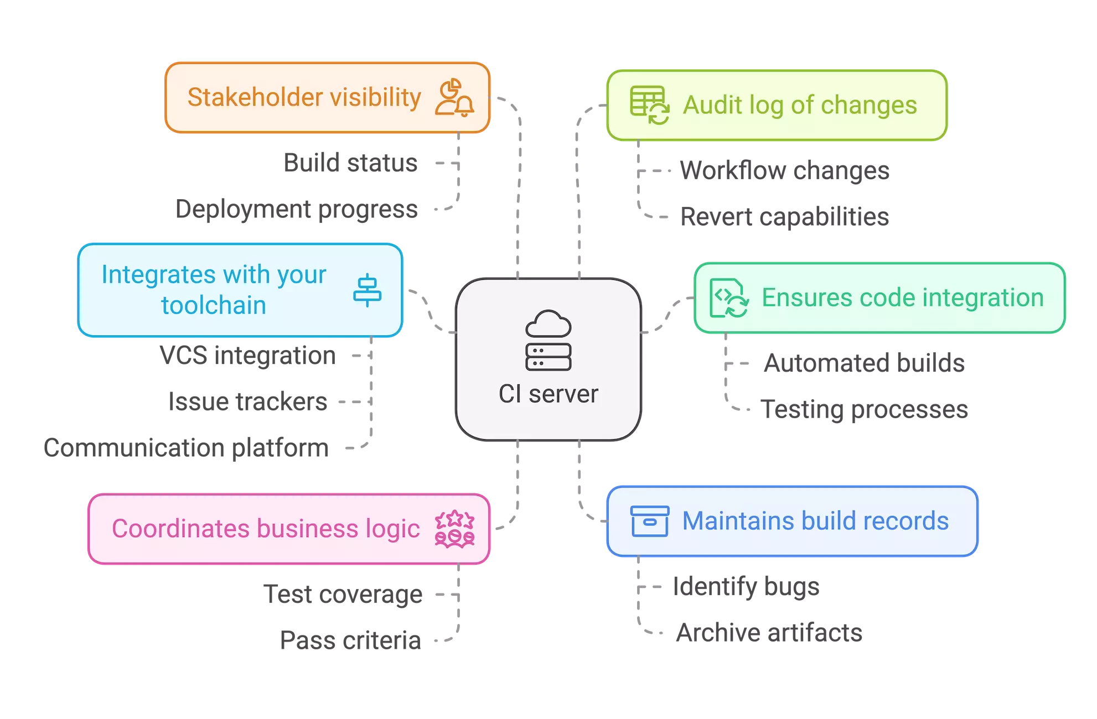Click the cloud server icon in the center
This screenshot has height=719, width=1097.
coord(548,340)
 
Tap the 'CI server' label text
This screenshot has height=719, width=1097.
coord(548,394)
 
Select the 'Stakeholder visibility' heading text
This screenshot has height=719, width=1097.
coord(304,97)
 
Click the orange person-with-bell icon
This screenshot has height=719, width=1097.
coord(454,98)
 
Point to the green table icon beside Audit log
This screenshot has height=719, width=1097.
coord(649,105)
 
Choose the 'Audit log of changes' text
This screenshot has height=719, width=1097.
coord(800,105)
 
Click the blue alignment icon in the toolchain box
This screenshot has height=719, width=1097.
coord(367,290)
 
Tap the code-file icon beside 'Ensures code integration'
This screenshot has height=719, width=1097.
coord(729,298)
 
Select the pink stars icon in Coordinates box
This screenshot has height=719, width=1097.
coord(454,529)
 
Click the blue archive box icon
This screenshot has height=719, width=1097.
coord(650,521)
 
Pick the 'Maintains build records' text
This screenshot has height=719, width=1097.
coord(815,521)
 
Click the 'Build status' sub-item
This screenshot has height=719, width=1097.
coord(351,164)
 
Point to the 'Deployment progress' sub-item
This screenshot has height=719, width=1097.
coord(296,210)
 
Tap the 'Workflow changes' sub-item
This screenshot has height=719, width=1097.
coord(784,171)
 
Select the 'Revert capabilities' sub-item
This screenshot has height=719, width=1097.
coord(783,216)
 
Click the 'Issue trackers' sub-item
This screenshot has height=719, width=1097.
coord(250,402)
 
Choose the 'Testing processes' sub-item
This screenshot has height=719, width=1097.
coord(865,410)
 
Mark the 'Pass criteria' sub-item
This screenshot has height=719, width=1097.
coord(350,640)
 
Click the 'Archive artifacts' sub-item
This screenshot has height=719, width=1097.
coord(768,633)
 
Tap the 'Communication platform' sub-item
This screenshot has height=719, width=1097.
coord(186,447)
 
